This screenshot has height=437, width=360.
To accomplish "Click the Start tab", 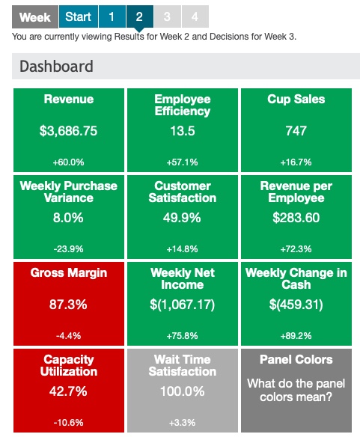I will [78, 16].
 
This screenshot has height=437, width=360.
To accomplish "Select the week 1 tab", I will [111, 16].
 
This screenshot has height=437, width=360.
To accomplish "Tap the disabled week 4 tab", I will [195, 16].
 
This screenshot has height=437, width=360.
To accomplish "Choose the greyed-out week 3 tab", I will [167, 16].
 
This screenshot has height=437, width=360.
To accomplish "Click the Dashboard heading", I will [56, 66].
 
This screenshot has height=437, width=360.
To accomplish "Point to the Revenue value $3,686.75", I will [69, 131].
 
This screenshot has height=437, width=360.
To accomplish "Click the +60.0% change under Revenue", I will [68, 162].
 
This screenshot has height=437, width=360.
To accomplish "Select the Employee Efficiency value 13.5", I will [182, 131].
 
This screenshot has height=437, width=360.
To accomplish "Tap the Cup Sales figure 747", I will [296, 131].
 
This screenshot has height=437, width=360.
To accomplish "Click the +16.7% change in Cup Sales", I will [296, 162].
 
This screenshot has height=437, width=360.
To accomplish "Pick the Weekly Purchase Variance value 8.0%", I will [69, 218].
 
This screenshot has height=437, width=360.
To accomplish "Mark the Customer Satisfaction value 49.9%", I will [182, 218].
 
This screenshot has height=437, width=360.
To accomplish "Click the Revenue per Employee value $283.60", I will [296, 218].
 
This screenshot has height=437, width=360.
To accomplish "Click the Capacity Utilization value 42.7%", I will [69, 391].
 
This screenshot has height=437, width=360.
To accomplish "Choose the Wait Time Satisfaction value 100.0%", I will [182, 391].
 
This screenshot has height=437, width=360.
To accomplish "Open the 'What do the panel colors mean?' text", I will [296, 391].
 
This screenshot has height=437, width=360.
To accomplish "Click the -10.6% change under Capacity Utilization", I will [68, 422].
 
